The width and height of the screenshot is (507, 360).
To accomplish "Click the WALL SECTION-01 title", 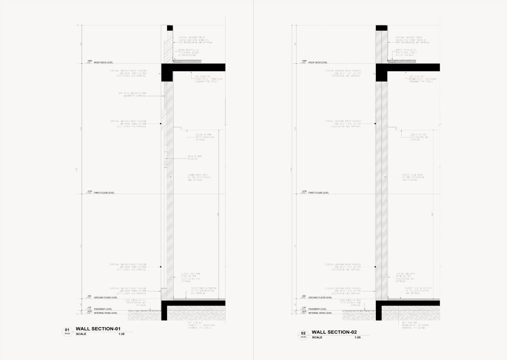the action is pyautogui.click(x=98, y=329).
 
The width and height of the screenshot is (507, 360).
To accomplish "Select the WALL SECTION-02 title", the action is pyautogui.click(x=334, y=332).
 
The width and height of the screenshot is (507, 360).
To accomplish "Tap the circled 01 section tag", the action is pyautogui.click(x=67, y=331).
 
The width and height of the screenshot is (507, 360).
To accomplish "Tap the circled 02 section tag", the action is pyautogui.click(x=303, y=334).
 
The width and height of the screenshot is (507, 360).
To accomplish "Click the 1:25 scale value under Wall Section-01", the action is pyautogui.click(x=121, y=334).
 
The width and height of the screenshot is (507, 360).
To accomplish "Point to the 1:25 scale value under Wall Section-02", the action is pyautogui.click(x=357, y=338).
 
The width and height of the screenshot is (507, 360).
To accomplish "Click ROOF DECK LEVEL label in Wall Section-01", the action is pyautogui.click(x=103, y=63).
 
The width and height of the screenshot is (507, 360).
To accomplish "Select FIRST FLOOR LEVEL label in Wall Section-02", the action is pyautogui.click(x=318, y=192).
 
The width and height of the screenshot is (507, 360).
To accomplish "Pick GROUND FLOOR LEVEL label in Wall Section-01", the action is pyautogui.click(x=105, y=297).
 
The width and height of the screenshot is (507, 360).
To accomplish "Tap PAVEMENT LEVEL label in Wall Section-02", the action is pyautogui.click(x=317, y=309).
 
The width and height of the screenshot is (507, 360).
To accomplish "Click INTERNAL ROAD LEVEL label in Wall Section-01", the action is pyautogui.click(x=105, y=313).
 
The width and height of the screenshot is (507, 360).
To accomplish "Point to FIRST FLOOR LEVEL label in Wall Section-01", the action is pyautogui.click(x=104, y=192).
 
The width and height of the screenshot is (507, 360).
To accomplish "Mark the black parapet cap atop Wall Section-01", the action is pyautogui.click(x=170, y=28).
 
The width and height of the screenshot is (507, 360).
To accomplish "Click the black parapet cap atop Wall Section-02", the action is pyautogui.click(x=382, y=28).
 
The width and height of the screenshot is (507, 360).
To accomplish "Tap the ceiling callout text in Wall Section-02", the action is pyautogui.click(x=420, y=137).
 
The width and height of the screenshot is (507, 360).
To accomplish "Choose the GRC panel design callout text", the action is pyautogui.click(x=132, y=95).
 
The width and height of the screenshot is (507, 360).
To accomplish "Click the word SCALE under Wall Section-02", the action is pyautogui.click(x=317, y=338).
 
